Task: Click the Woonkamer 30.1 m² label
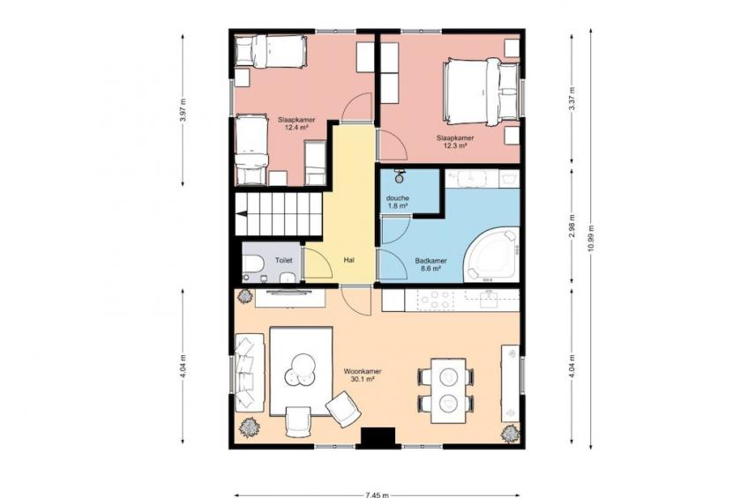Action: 363,375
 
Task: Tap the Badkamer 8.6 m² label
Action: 430,264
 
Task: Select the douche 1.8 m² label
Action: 397,202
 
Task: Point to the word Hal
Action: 348,260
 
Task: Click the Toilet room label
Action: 283,261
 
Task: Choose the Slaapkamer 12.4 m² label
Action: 296,124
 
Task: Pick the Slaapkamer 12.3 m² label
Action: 455,142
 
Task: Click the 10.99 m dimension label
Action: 592,238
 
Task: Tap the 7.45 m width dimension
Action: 378,495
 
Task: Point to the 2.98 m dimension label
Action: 572,226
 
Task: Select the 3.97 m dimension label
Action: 183,110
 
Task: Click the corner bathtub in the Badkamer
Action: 492,255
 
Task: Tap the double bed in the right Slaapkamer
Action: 481,92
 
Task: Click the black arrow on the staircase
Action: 242,214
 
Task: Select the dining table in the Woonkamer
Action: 448,390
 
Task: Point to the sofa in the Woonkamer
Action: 249,372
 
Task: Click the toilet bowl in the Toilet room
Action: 252,264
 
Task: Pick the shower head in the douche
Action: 400,176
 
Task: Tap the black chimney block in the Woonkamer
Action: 378,438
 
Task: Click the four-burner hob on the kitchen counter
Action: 435,301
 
